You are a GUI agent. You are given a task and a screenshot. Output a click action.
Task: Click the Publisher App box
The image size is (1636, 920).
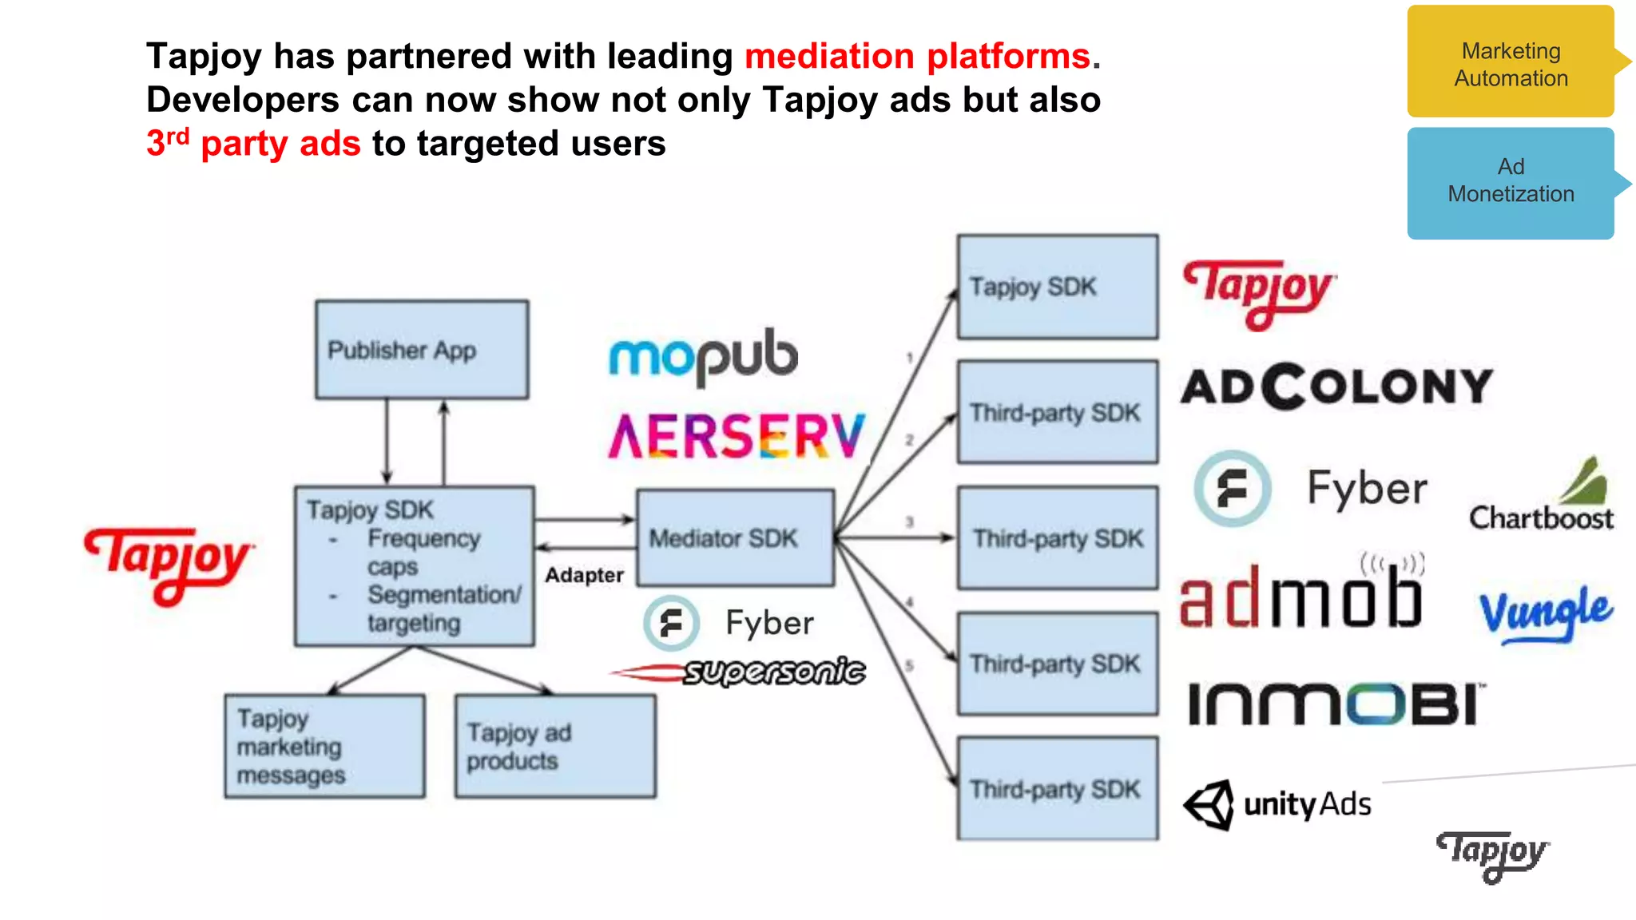(x=421, y=350)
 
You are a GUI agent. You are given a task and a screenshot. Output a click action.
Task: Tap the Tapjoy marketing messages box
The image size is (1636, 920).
(x=324, y=746)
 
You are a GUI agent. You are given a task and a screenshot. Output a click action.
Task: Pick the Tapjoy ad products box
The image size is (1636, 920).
(x=555, y=746)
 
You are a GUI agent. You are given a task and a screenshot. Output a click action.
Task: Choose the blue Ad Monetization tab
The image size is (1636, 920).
(x=1511, y=182)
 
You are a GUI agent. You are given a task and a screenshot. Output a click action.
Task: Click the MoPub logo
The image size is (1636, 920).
(x=703, y=356)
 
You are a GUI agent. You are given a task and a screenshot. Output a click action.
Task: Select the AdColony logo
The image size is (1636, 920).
(x=1336, y=387)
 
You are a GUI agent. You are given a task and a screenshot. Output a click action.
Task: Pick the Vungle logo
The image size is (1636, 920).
(x=1546, y=613)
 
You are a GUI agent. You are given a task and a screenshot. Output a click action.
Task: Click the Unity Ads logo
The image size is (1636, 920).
(x=1278, y=804)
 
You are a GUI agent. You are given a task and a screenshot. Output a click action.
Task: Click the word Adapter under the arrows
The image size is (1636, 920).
(x=584, y=575)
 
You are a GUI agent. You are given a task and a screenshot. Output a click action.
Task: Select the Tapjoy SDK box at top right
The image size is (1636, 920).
(x=1057, y=287)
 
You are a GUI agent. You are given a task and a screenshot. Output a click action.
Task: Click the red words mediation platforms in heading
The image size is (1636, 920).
(x=917, y=57)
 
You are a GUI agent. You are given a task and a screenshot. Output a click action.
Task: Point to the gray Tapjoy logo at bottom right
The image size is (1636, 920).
(x=1492, y=855)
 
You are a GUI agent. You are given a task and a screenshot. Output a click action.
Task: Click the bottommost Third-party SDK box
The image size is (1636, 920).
(x=1057, y=788)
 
